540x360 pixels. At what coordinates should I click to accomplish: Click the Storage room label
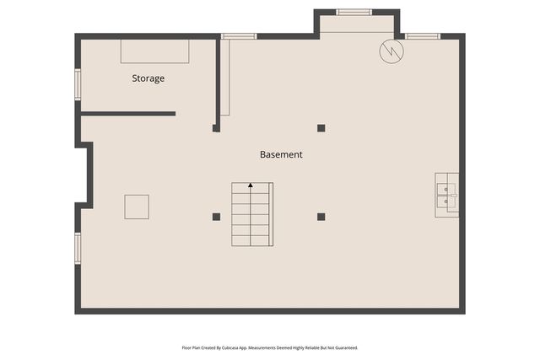[148, 78]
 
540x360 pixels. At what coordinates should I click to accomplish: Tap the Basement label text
[281, 155]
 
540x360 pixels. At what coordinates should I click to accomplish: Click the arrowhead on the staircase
[251, 185]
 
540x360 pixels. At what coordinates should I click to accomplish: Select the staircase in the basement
[252, 214]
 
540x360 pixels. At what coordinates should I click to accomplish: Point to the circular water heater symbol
[391, 51]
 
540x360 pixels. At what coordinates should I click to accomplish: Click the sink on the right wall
[446, 195]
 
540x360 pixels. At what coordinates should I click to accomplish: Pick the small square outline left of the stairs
[137, 207]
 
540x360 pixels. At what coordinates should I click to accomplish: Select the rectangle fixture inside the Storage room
[154, 51]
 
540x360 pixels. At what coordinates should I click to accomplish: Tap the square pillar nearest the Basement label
[321, 128]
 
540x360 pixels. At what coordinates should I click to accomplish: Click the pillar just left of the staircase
[216, 217]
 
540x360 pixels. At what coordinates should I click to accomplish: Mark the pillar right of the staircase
[321, 217]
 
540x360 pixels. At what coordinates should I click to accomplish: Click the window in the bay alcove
[354, 12]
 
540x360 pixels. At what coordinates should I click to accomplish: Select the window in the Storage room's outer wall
[78, 84]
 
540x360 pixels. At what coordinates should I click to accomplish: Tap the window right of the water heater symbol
[423, 36]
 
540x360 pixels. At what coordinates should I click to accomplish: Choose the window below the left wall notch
[78, 248]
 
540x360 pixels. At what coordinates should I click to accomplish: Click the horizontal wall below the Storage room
[127, 113]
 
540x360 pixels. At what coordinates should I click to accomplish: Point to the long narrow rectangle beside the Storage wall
[224, 78]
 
